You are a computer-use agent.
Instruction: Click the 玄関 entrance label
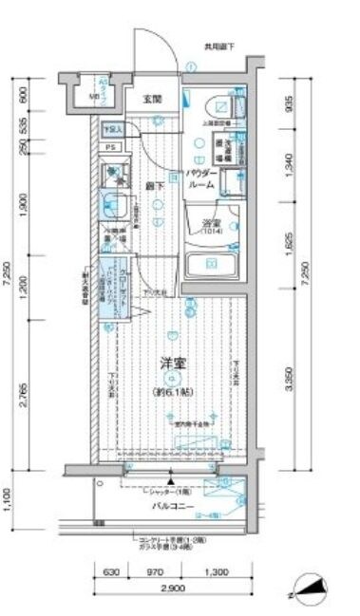click(x=153, y=98)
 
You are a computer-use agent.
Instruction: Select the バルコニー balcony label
click(x=172, y=507)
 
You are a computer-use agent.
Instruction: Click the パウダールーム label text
click(x=201, y=180)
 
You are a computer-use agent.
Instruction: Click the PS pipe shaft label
click(x=110, y=147)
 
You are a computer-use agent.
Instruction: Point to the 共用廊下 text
click(x=218, y=47)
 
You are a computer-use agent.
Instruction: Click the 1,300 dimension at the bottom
click(x=216, y=572)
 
